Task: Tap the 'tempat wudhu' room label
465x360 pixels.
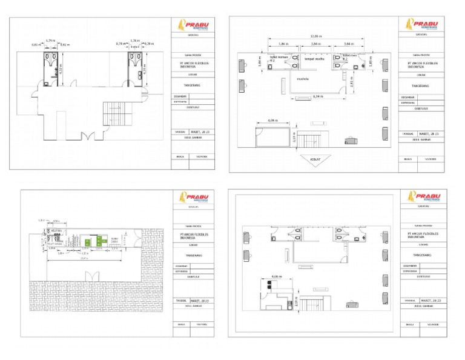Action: coord(314,59)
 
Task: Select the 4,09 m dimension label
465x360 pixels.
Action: coord(272,121)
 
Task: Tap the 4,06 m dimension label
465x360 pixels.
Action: coord(277,277)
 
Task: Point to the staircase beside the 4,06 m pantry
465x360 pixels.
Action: coord(314,305)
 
